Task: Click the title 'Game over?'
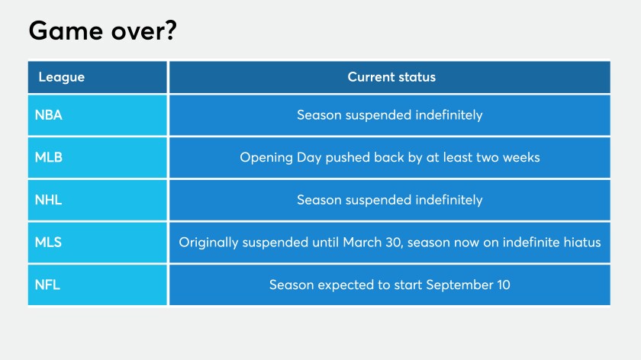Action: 102,31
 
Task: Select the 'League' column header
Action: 61,77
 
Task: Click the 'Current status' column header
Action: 391,77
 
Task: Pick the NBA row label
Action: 48,115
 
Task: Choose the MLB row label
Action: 48,157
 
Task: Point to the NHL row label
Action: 48,200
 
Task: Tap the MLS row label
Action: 48,243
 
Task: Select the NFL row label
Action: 47,284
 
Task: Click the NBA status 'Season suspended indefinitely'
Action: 390,115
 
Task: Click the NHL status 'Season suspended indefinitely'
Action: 390,200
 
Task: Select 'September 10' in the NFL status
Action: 468,284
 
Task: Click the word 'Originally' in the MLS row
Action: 208,243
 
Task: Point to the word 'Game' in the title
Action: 66,31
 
